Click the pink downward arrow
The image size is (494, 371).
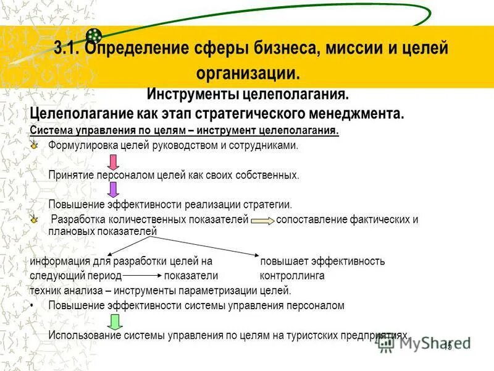coord(114,163)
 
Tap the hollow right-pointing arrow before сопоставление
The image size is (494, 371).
coord(262,220)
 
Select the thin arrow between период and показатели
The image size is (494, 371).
coord(142,276)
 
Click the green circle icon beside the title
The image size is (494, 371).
coord(93,36)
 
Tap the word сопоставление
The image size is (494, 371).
coord(311,220)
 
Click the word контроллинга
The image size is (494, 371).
coord(292,276)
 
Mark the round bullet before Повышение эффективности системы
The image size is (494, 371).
coord(32,305)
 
